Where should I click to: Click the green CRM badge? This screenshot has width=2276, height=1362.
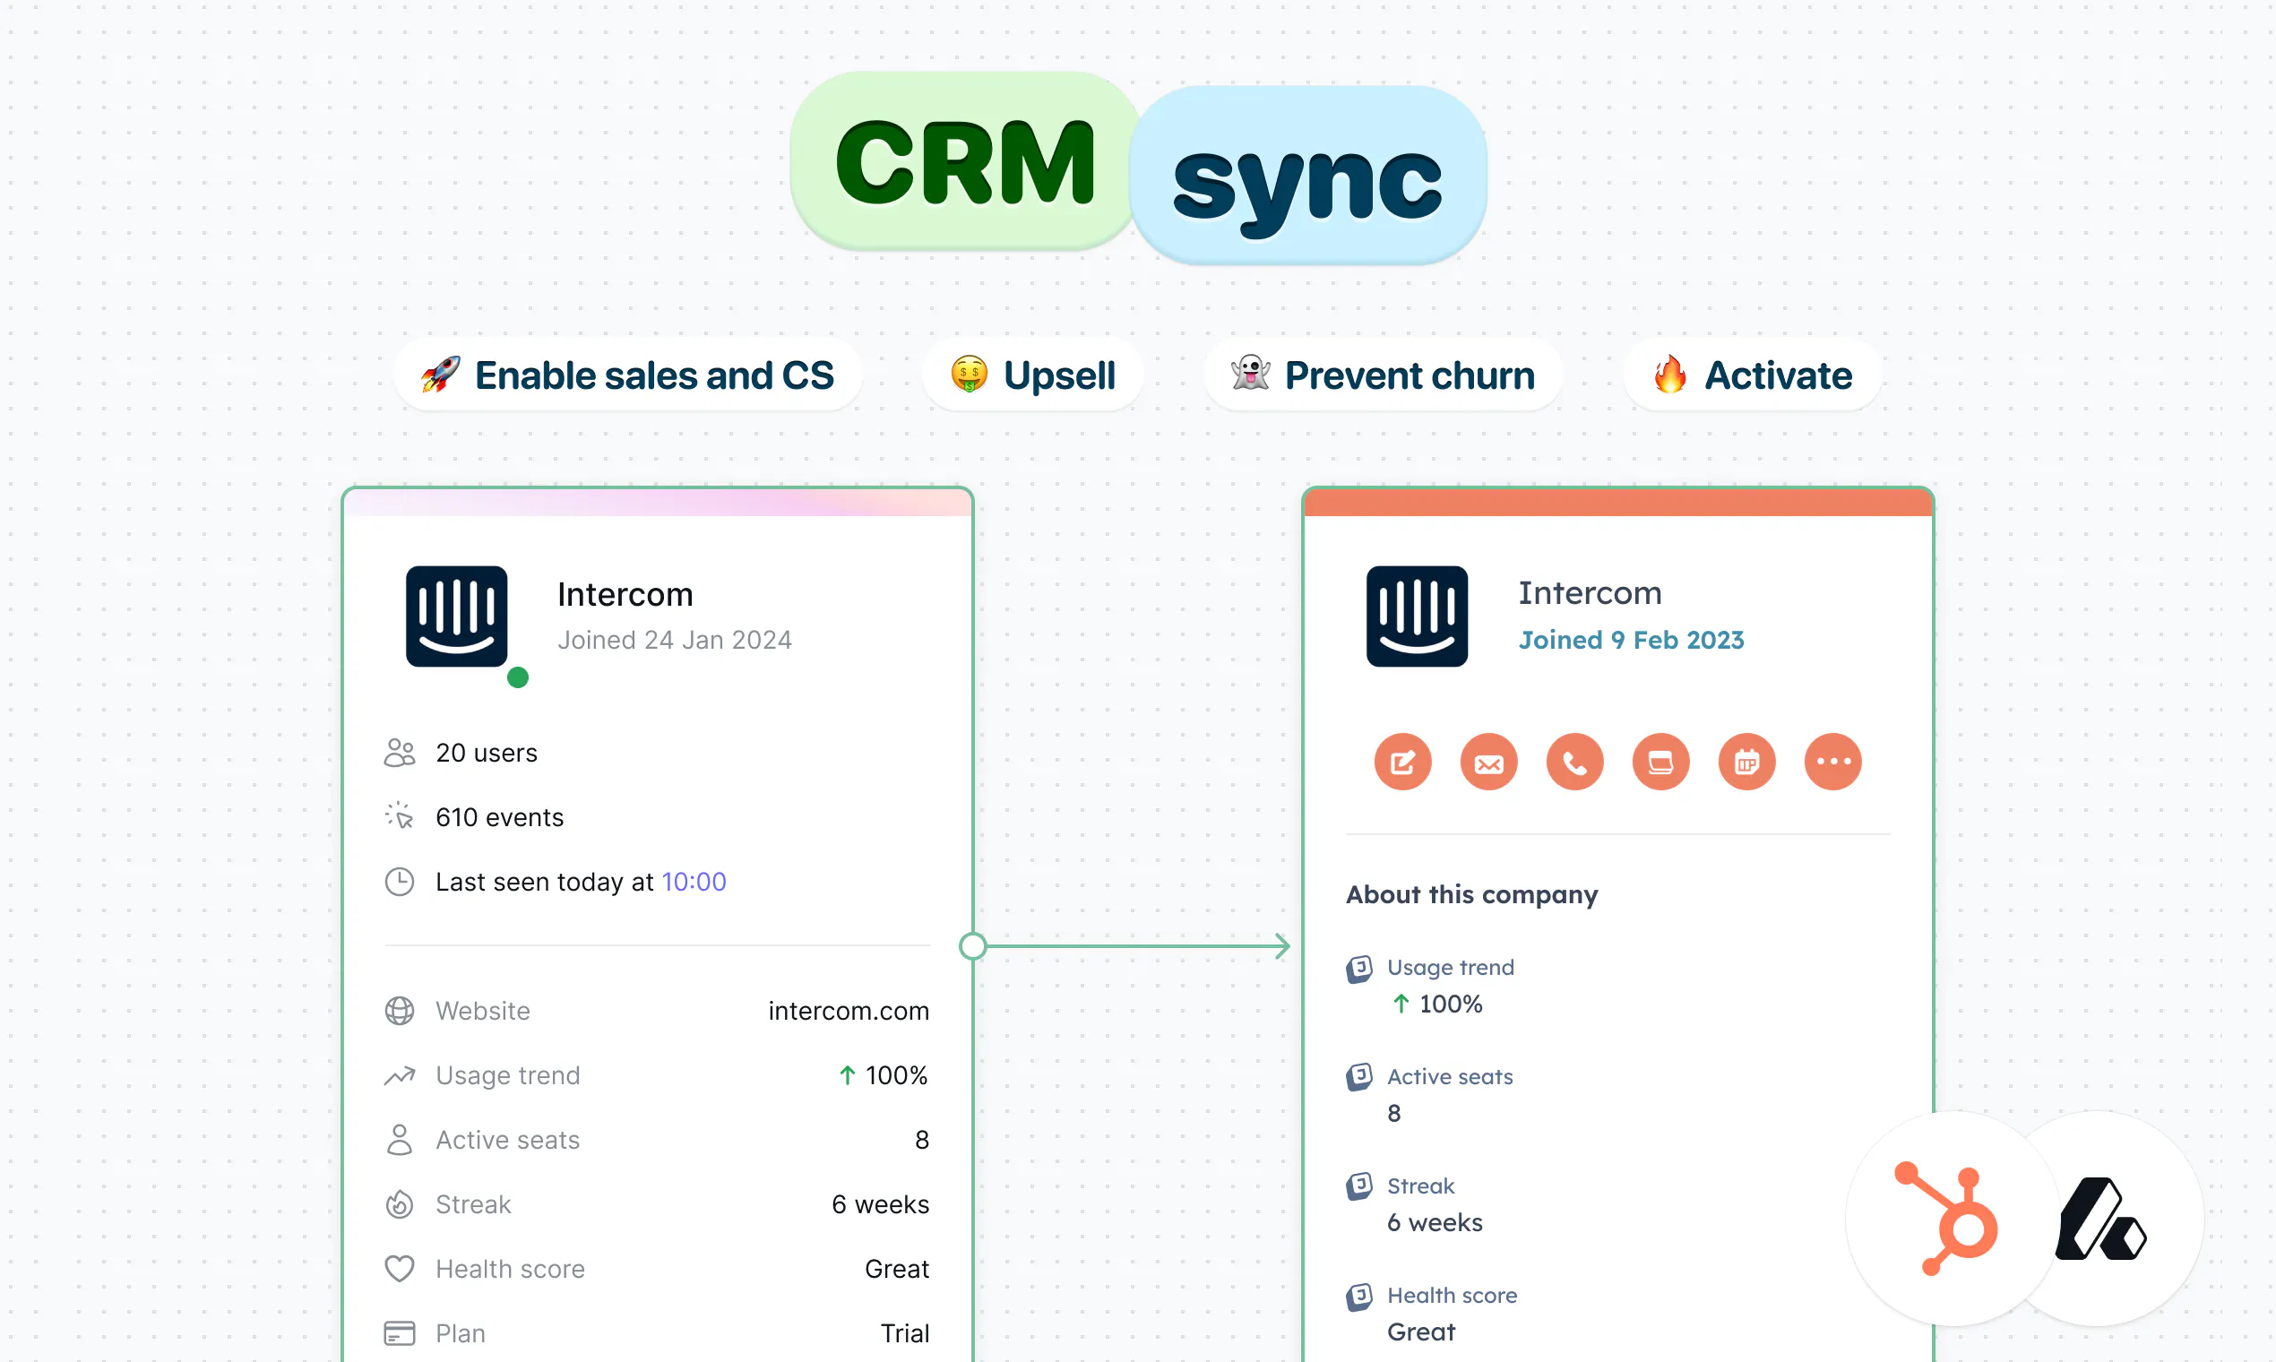click(965, 160)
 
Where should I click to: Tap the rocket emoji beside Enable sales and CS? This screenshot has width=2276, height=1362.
click(441, 375)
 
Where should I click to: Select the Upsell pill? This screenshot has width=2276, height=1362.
click(1033, 375)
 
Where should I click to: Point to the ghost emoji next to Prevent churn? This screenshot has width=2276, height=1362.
click(1251, 373)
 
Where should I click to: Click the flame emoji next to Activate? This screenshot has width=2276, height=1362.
click(1670, 374)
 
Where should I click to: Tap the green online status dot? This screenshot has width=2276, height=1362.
click(518, 677)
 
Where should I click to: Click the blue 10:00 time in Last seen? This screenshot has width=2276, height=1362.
click(694, 882)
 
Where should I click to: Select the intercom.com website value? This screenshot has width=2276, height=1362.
click(849, 1011)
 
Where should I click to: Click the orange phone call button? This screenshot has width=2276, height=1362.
click(1575, 762)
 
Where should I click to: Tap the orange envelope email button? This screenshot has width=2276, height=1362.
click(1488, 762)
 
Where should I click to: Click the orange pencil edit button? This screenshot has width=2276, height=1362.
click(1403, 762)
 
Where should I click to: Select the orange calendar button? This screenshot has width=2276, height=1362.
click(1747, 762)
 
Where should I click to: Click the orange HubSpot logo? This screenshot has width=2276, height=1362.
click(1947, 1219)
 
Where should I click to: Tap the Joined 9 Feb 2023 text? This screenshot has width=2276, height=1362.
click(1631, 640)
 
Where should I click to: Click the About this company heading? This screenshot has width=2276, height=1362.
click(1472, 894)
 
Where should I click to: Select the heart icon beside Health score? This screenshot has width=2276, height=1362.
click(400, 1269)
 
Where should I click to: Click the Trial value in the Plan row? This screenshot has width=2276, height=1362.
click(905, 1332)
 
